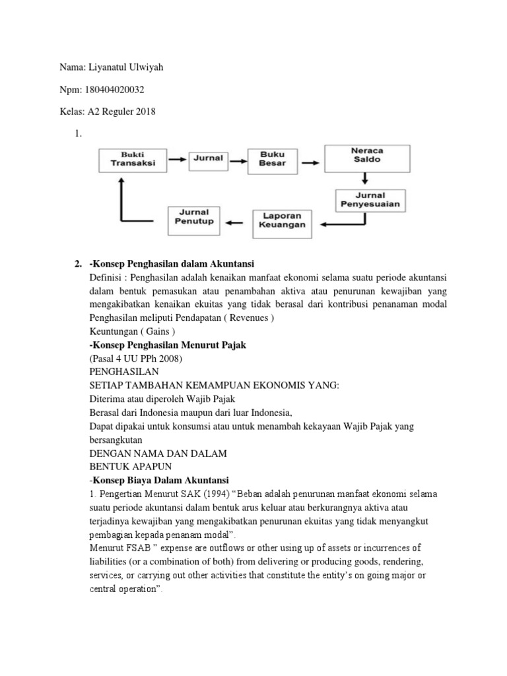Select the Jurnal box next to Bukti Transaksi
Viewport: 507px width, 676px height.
(208, 158)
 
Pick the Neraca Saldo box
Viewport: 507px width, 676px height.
(366, 156)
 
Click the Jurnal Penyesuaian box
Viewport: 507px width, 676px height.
(370, 200)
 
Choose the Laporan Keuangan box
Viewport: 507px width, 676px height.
(283, 221)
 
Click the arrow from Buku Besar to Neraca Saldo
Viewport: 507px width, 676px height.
(314, 159)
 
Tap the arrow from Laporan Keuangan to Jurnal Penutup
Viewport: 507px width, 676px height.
(236, 221)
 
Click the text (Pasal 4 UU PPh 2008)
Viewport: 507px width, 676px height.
(135, 358)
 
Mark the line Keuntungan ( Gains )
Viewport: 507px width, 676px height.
(132, 332)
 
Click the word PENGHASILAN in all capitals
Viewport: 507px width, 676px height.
(123, 372)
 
